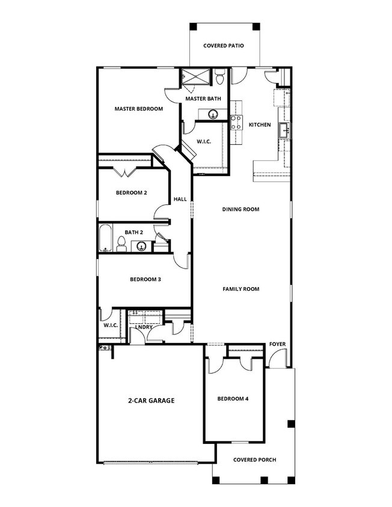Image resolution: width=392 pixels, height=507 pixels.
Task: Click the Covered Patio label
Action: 223,46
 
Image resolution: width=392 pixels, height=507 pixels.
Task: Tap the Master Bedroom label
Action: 139,109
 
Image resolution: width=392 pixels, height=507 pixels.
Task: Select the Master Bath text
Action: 203,99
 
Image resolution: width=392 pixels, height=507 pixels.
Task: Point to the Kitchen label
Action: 260,125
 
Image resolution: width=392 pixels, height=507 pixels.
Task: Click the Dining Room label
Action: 240,209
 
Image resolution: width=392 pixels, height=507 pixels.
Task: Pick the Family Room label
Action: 240,289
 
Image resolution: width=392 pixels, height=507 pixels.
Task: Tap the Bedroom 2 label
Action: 132,193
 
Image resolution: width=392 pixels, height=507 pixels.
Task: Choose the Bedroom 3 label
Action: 145,279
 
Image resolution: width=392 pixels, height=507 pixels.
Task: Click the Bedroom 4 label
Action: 233,399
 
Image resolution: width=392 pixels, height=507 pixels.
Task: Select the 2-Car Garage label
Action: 151,399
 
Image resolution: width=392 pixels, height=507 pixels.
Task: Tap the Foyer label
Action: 277,344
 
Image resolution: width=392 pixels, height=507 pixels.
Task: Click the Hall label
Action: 180,199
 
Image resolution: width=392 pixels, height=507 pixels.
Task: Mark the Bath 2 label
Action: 133,232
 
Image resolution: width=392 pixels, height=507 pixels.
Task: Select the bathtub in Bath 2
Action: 105,238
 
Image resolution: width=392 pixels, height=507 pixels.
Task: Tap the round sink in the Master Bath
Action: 213,114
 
